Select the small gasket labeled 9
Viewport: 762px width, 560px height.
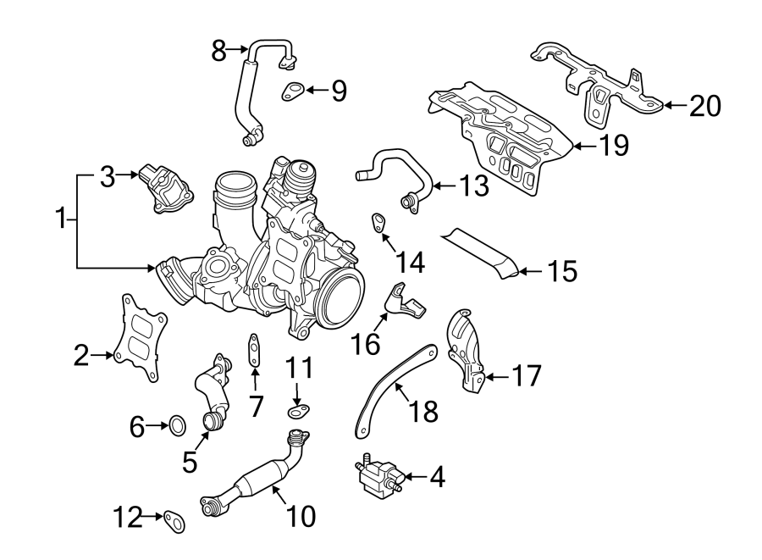294,89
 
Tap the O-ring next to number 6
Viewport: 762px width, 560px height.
176,425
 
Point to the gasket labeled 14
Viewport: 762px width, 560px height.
378,223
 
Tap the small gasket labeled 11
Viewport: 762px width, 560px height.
297,413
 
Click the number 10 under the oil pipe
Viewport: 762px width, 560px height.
293,514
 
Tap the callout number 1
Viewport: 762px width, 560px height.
61,220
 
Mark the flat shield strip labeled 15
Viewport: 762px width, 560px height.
483,251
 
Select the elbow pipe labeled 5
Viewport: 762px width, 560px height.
212,394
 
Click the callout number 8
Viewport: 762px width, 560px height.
218,51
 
